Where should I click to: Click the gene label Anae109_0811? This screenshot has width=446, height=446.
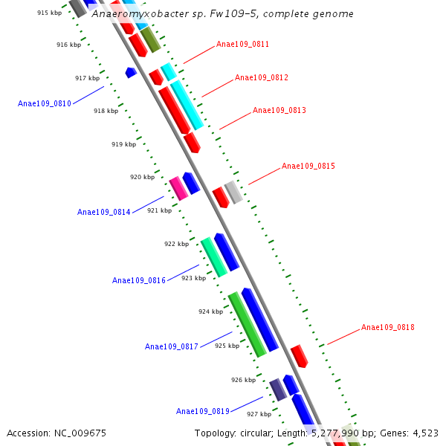click(242, 45)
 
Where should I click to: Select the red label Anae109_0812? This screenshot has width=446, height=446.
click(262, 78)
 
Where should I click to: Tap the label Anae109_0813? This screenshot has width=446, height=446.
click(279, 111)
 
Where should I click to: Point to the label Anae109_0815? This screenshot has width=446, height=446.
click(308, 167)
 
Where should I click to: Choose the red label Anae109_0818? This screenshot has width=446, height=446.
click(388, 328)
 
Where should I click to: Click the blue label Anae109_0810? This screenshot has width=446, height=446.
click(45, 104)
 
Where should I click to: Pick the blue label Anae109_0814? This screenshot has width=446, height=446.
click(104, 213)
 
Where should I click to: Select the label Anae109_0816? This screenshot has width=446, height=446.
click(139, 281)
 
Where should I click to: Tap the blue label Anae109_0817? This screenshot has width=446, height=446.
click(172, 347)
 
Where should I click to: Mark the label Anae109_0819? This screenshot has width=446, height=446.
click(203, 412)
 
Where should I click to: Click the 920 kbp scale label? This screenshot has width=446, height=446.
click(142, 178)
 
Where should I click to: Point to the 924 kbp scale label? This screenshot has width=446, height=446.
click(210, 312)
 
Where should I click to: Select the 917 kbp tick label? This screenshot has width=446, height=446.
click(87, 79)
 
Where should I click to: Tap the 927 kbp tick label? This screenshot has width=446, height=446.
click(259, 415)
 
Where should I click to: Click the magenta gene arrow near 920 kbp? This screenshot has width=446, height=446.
click(178, 189)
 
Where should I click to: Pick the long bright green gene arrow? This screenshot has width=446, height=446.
click(247, 324)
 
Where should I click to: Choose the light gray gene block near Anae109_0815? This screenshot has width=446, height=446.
click(233, 192)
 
